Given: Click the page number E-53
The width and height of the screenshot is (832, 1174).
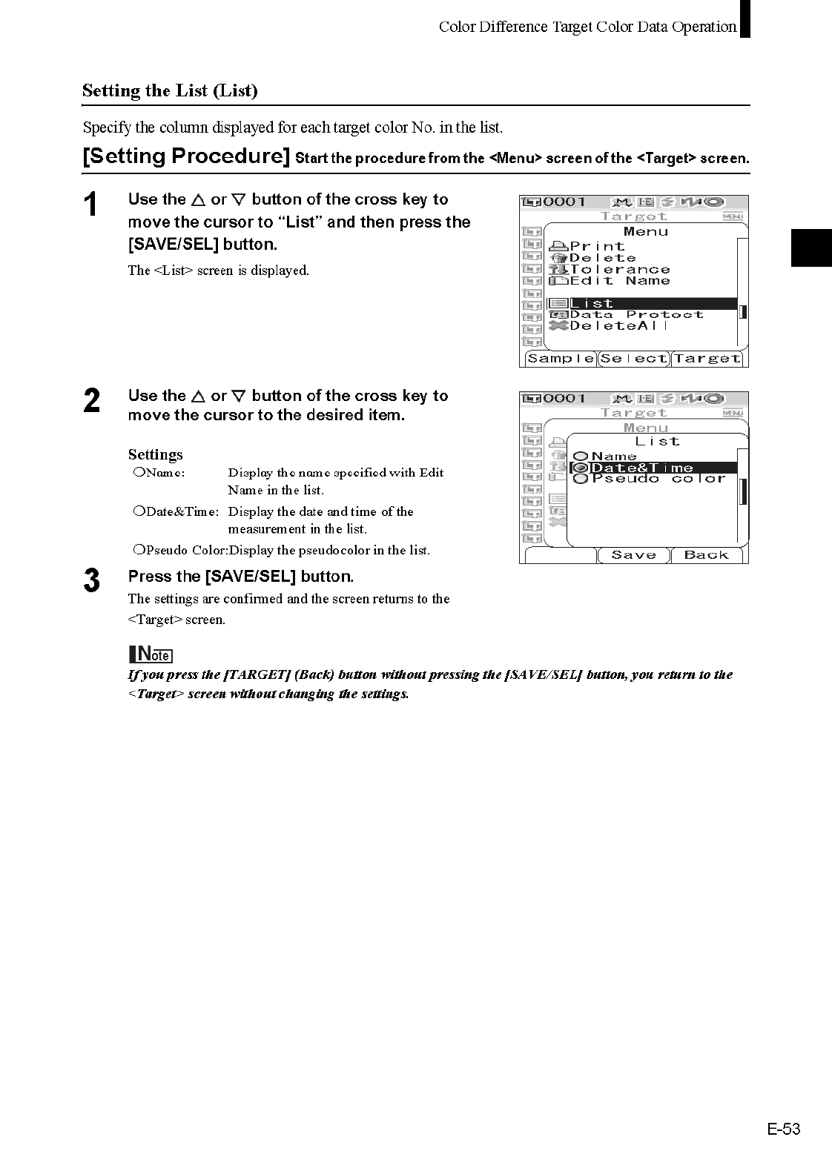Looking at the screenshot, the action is point(784,1130).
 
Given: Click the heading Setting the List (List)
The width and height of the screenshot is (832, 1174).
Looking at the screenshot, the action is point(170,91).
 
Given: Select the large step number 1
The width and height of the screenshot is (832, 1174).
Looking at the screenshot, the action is point(90,205).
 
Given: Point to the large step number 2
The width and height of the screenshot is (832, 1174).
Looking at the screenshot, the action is point(91,401).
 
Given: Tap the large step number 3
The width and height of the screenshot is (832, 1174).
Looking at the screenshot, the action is point(91,580).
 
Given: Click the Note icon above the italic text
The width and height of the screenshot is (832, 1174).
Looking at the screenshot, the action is point(151,654).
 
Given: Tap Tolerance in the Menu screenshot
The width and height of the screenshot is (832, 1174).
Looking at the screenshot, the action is point(619,269).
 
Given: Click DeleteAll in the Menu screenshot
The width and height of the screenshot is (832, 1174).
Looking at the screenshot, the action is point(618,325).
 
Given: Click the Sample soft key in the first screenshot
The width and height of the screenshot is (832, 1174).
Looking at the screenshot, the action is point(561,359).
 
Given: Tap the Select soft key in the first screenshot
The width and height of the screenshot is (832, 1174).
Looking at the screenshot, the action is point(634,359).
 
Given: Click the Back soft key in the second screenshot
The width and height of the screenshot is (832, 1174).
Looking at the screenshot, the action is point(706,555).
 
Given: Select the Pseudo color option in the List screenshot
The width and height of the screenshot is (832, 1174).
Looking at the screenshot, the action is point(658,479).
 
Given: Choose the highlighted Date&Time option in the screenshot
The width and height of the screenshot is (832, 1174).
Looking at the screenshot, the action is point(641,468).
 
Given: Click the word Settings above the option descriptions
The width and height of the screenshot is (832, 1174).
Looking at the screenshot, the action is point(155,454).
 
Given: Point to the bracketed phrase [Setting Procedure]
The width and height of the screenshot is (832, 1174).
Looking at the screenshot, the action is point(186,156).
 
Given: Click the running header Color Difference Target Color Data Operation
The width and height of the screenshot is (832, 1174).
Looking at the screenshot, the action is point(587,27).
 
